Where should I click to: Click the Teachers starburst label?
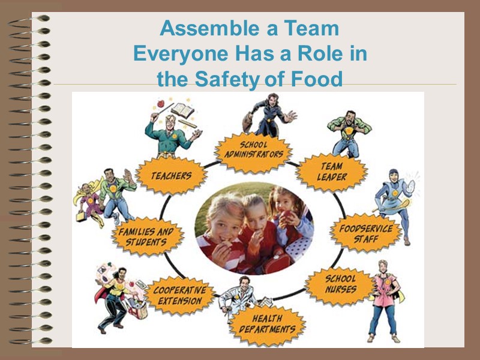pos(171,176)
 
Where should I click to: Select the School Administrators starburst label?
pos(253,149)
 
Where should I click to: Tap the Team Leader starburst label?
pos(331,171)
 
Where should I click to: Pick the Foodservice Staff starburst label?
pos(365,233)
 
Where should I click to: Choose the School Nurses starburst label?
pos(340,284)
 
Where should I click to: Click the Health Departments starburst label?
pos(266,324)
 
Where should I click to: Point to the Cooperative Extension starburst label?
pos(179,295)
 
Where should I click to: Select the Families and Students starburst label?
pos(146,236)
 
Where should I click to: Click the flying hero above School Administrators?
pos(268,115)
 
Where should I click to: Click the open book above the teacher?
pos(182,110)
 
